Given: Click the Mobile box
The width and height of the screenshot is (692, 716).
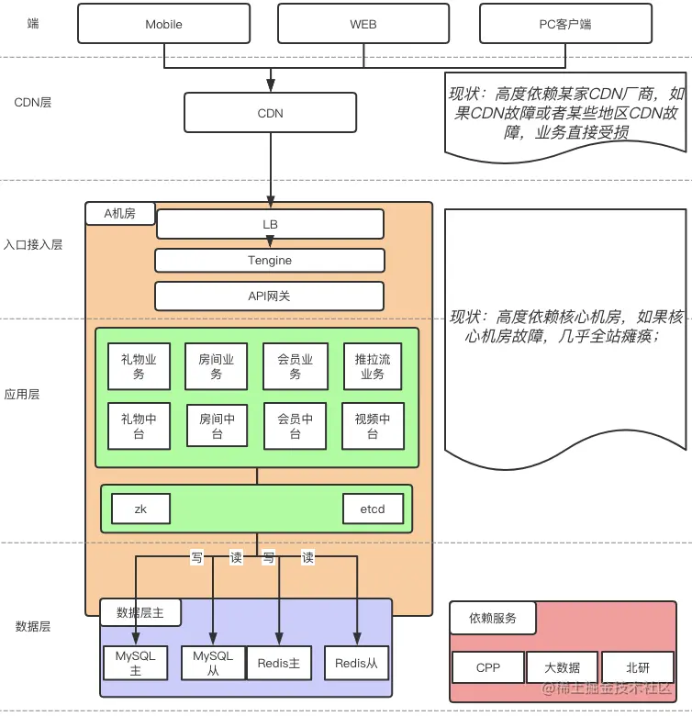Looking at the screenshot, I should pyautogui.click(x=164, y=24).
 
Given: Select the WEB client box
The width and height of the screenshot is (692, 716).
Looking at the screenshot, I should pyautogui.click(x=363, y=24).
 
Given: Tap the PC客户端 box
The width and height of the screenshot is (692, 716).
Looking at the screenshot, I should pyautogui.click(x=564, y=24).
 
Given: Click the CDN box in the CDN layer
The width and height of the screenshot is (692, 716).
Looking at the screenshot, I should pyautogui.click(x=270, y=113).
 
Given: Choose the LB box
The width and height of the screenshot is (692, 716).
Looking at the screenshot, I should pyautogui.click(x=270, y=224).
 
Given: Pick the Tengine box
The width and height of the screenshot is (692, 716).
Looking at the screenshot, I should pyautogui.click(x=270, y=261).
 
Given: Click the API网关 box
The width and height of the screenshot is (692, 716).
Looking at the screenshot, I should pyautogui.click(x=270, y=296).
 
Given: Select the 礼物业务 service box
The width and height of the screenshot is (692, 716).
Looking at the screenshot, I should pyautogui.click(x=139, y=366).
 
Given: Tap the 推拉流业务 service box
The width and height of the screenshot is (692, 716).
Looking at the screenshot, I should pyautogui.click(x=373, y=366).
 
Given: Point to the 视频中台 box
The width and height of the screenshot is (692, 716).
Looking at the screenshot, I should pyautogui.click(x=373, y=426).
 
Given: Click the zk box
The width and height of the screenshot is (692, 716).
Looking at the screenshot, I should pyautogui.click(x=141, y=509).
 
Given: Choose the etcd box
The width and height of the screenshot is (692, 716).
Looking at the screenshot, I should pyautogui.click(x=373, y=509).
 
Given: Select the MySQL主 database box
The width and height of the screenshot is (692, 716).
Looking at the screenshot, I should pyautogui.click(x=136, y=663).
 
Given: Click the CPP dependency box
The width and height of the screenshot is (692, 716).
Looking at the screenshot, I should pyautogui.click(x=488, y=667).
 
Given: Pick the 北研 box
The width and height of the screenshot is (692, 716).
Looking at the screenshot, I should pyautogui.click(x=637, y=667).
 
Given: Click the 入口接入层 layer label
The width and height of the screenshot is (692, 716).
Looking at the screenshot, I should pyautogui.click(x=33, y=245).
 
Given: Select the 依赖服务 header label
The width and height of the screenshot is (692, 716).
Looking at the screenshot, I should pyautogui.click(x=493, y=618).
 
